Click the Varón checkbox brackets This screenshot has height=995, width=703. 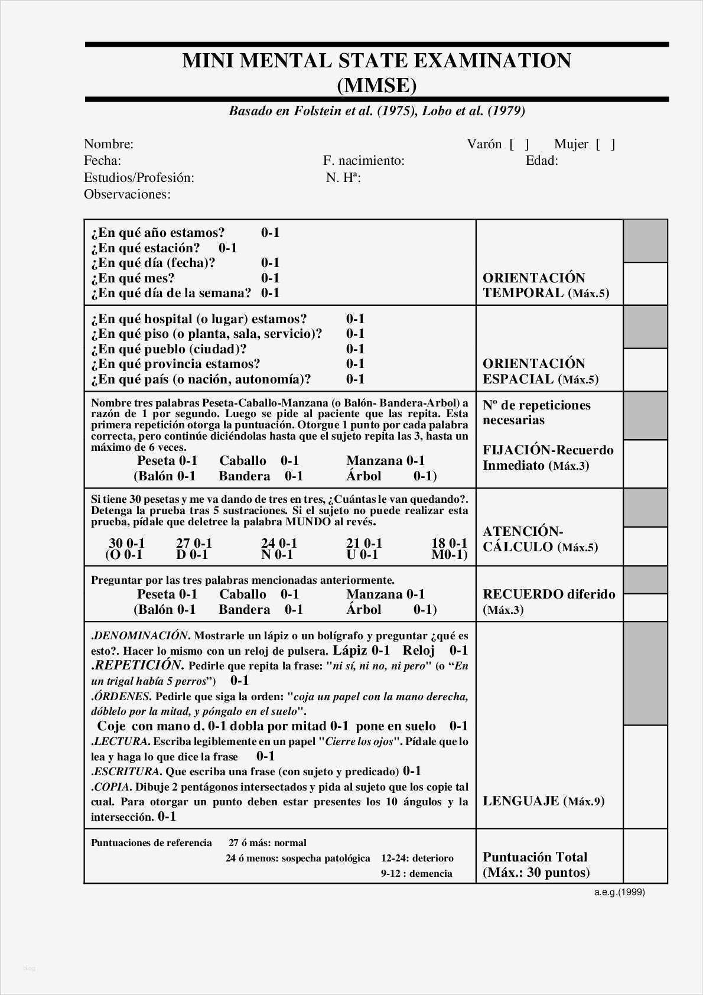[x=519, y=144]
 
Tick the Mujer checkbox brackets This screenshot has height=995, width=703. [x=606, y=144]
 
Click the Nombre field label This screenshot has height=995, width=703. [x=109, y=144]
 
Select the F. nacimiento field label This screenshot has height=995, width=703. [x=363, y=161]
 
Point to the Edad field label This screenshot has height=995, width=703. [x=542, y=161]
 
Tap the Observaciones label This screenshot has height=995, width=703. [x=127, y=194]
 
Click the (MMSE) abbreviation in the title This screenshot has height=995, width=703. [x=377, y=86]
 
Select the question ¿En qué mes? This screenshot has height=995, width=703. [x=133, y=278]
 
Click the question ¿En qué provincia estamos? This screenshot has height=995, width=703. [x=175, y=364]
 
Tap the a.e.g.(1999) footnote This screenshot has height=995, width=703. [x=619, y=892]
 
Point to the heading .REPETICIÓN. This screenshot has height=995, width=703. [x=136, y=665]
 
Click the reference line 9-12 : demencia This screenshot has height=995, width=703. [x=416, y=873]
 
